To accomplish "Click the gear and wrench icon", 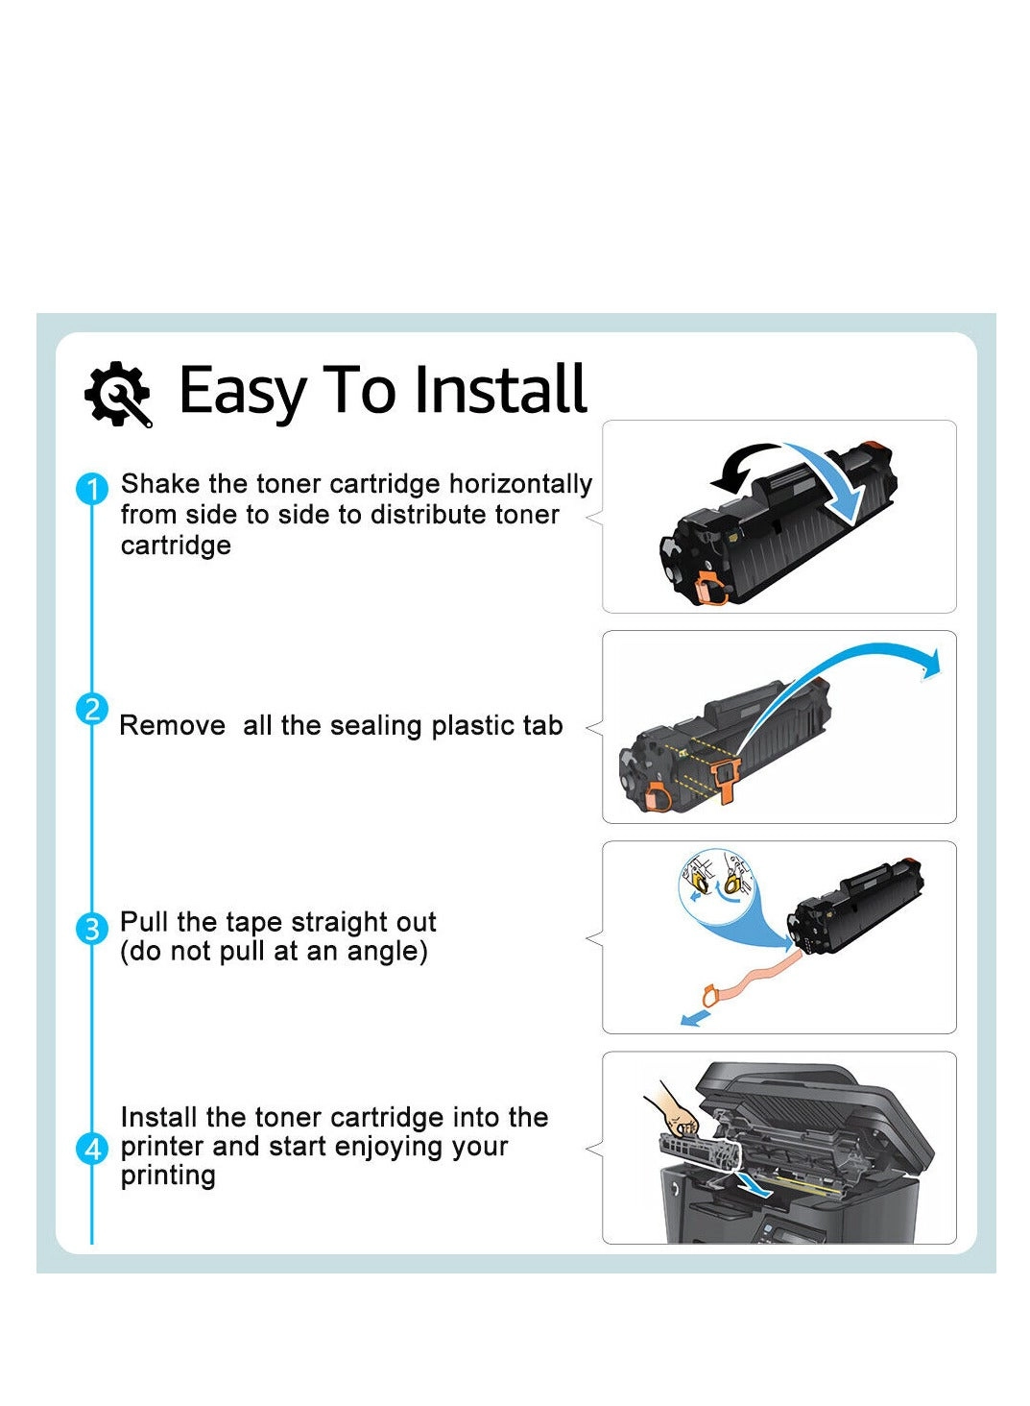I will pos(117,393).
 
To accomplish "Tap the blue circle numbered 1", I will pos(91,489).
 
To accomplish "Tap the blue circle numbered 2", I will pos(91,710).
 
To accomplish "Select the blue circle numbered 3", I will pos(92,929).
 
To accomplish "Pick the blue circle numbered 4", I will pos(92,1149).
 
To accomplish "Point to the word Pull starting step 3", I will pos(144,922).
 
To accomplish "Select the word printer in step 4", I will pos(162,1147).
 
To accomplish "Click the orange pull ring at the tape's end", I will pos(710,997).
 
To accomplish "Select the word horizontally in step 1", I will pos(520,484).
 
